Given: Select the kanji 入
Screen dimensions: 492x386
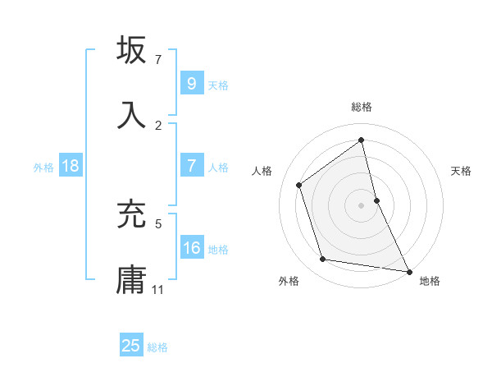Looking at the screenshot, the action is click(x=132, y=114).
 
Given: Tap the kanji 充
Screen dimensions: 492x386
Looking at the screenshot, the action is click(x=132, y=214).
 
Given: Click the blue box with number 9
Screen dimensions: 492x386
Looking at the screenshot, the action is click(x=191, y=83).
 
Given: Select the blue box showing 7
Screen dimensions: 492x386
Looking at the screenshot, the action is click(x=191, y=166).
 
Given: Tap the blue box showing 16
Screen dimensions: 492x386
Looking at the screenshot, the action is click(x=191, y=248).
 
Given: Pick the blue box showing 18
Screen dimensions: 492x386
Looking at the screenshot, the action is click(x=70, y=166).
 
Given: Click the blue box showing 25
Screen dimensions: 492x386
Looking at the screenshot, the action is click(x=130, y=345).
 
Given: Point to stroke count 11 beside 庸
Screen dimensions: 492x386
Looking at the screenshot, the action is click(x=158, y=290).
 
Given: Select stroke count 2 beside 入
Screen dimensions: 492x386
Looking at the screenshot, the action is click(x=158, y=125).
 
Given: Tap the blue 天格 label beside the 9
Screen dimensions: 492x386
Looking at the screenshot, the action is click(x=218, y=85).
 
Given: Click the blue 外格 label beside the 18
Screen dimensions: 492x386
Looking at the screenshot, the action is click(x=43, y=167).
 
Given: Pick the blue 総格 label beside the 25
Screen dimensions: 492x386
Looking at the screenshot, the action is click(x=157, y=347).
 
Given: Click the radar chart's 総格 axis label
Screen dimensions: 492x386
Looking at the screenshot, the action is click(x=362, y=107).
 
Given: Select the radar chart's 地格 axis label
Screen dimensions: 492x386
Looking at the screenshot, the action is click(x=430, y=281).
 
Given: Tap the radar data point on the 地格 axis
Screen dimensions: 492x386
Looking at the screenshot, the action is click(x=408, y=270).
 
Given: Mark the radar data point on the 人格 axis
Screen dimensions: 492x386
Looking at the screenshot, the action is click(x=299, y=185).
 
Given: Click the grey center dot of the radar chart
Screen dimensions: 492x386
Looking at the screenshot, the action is click(x=362, y=204).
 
